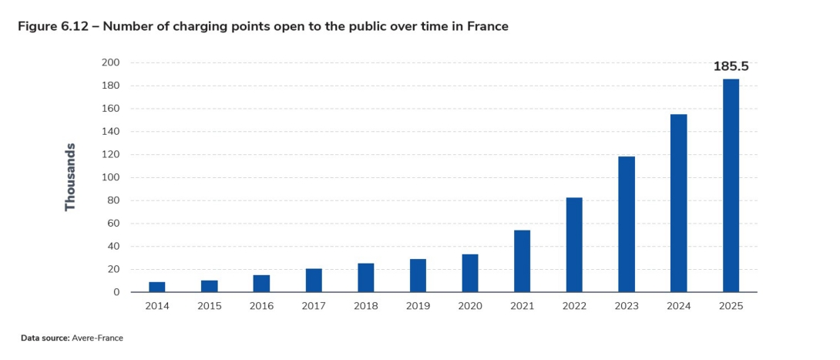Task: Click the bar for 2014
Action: [x=157, y=287]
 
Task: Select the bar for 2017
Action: [x=314, y=281]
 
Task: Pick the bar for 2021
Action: [x=522, y=261]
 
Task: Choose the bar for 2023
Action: [x=627, y=224]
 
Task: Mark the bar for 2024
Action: [x=679, y=204]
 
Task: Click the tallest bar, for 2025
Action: [x=731, y=186]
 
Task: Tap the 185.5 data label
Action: [x=731, y=66]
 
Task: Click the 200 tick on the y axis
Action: [x=111, y=62]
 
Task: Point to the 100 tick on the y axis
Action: [x=111, y=177]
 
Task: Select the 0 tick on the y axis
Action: [x=116, y=292]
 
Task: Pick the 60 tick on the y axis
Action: [x=113, y=224]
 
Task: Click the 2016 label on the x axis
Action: [x=261, y=305]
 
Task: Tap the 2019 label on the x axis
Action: [x=418, y=305]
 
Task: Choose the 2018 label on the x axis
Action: [x=365, y=305]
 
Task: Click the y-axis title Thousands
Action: [x=71, y=177]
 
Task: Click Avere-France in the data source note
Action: [x=98, y=338]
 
